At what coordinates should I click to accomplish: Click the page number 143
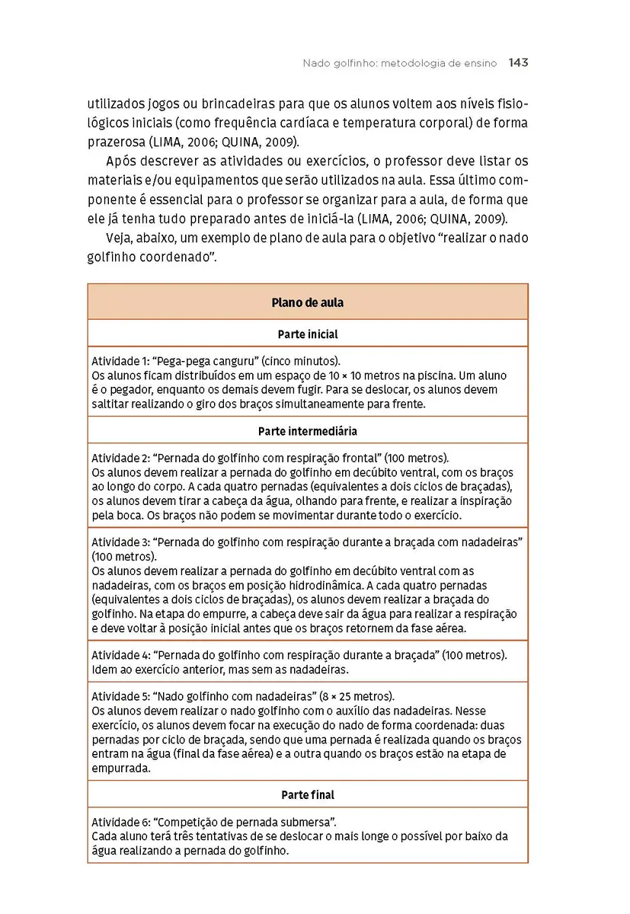[x=518, y=63]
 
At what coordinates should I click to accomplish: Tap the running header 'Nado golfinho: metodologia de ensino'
[x=400, y=63]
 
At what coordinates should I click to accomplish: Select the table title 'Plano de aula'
[x=307, y=302]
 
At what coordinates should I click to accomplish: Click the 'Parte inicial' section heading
[x=307, y=334]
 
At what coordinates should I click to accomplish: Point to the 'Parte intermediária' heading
[x=307, y=430]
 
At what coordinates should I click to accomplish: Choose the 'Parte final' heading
[x=307, y=794]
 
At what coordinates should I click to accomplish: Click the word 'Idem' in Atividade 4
[x=104, y=670]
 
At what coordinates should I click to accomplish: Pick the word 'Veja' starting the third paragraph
[x=121, y=238]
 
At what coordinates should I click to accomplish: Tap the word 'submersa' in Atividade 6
[x=309, y=822]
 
